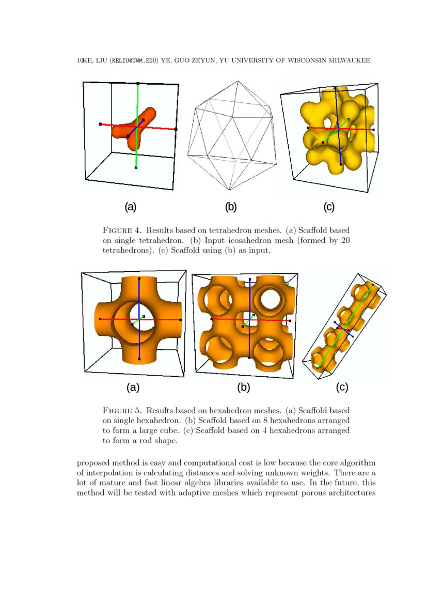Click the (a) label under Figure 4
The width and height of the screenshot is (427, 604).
tap(130, 207)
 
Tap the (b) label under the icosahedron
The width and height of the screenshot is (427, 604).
tap(230, 207)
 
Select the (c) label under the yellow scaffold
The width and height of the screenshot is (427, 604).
tap(329, 207)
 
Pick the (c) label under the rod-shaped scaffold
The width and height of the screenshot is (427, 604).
tap(342, 387)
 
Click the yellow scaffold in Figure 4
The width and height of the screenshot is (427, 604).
tap(336, 129)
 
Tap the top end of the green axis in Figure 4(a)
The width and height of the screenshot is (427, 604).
tap(138, 83)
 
